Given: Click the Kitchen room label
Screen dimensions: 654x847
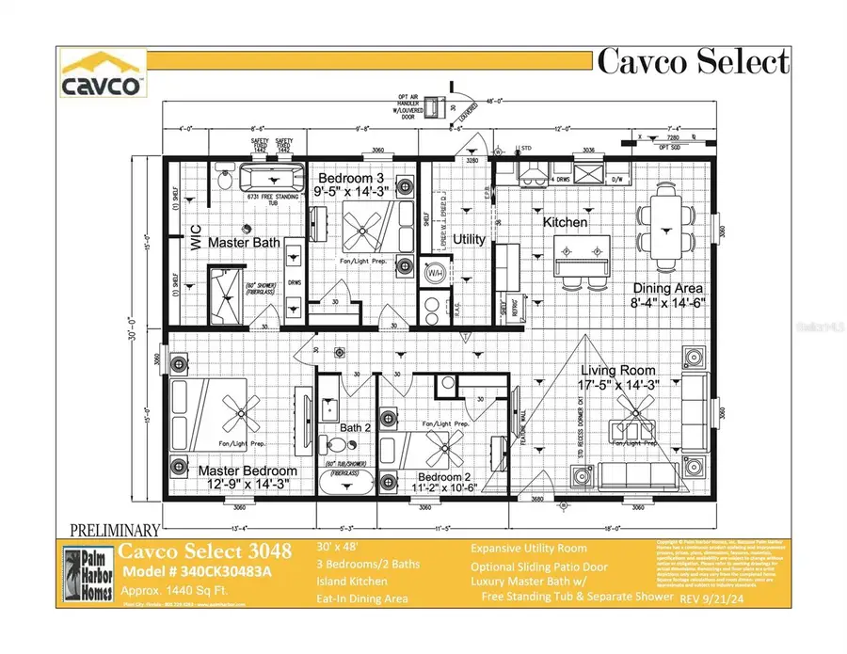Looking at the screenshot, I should tap(566, 223).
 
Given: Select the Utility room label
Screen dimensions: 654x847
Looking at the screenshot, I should tap(469, 239).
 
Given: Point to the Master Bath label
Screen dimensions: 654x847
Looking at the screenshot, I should tap(244, 243).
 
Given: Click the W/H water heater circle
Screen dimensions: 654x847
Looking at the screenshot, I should tap(436, 274).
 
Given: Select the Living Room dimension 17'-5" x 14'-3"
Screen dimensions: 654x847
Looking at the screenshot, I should tap(617, 384).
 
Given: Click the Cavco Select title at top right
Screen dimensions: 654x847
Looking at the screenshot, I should tap(693, 62).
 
